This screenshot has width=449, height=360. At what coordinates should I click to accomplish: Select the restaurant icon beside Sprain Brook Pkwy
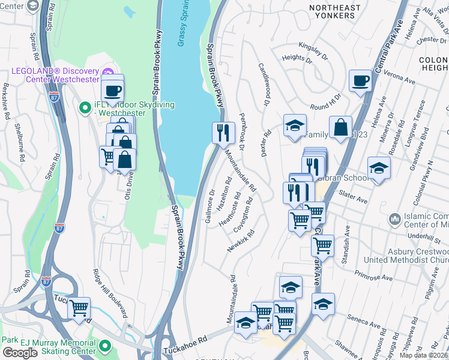coord(223,133)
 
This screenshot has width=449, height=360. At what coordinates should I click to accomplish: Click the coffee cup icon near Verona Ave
coord(360,81)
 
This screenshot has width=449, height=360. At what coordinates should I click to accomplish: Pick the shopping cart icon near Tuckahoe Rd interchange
coord(79,308)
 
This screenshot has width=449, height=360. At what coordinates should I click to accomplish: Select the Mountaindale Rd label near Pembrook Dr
coord(240,169)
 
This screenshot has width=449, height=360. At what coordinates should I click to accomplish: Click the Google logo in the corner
coord(20,352)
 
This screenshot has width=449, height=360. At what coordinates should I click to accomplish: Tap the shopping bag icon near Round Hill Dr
coord(340,127)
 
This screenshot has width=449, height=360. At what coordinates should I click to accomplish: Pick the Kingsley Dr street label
coord(313,50)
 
